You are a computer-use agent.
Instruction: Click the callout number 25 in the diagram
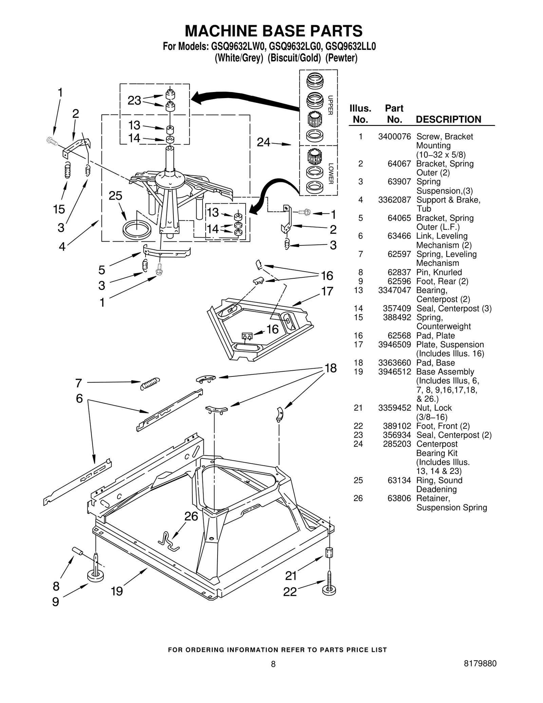tap(115, 196)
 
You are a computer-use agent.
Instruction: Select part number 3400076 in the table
tap(394, 136)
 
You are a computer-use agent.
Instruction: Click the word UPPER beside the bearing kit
tap(330, 105)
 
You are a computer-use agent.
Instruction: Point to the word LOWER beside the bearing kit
tap(331, 174)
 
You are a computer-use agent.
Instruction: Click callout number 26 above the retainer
tap(191, 516)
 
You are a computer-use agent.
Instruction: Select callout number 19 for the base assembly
tap(117, 591)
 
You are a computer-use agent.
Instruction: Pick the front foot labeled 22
tap(329, 588)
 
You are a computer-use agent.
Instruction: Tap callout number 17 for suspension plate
tap(327, 291)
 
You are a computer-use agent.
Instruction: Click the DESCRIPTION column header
tap(448, 119)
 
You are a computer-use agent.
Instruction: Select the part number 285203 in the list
tap(397, 444)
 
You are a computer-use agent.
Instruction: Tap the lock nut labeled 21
tap(329, 552)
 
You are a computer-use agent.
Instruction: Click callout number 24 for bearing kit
tap(263, 142)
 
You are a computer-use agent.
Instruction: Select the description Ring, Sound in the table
tap(439, 480)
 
